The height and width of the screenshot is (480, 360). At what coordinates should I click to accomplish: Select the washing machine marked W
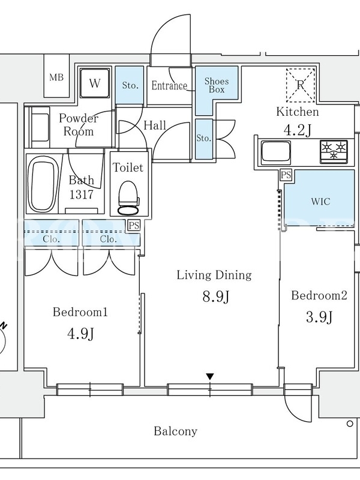click(95, 83)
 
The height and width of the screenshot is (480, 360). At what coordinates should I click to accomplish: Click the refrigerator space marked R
click(301, 85)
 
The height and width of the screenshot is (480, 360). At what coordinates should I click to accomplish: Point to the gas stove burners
click(334, 151)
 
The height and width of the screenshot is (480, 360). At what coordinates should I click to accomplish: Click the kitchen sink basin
click(275, 152)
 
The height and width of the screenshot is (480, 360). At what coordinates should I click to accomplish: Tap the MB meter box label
click(56, 77)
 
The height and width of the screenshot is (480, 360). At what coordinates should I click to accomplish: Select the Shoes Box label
click(217, 85)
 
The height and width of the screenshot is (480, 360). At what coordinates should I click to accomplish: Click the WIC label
click(320, 202)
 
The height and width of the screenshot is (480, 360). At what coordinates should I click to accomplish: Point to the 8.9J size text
click(216, 296)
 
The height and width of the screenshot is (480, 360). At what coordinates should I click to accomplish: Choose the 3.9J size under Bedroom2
click(319, 317)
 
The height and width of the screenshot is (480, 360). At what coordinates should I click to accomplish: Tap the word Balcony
click(175, 431)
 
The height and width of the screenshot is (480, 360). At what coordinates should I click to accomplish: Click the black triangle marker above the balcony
click(209, 377)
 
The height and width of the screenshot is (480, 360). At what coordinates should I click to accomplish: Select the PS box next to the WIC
click(286, 175)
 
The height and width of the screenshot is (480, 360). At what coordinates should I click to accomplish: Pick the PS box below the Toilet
click(134, 226)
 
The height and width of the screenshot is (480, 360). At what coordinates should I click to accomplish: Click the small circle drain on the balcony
click(350, 424)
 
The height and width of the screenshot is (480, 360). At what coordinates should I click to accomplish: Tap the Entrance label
click(169, 85)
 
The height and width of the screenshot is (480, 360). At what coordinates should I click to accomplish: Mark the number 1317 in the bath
click(81, 194)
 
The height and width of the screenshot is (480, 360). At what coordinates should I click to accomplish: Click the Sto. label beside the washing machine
click(130, 85)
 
